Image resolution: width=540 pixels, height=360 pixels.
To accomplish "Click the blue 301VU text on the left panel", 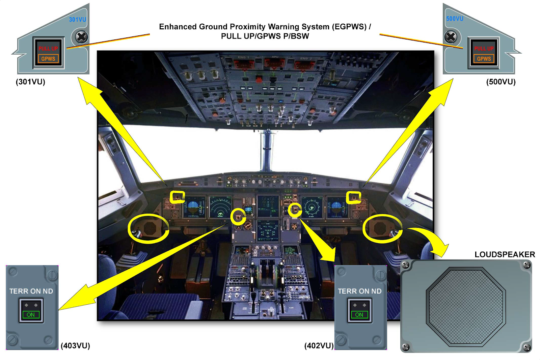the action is (77, 20).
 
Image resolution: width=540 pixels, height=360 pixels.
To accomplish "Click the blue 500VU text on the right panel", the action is (455, 19).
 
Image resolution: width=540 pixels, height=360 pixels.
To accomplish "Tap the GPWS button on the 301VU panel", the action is (48, 59).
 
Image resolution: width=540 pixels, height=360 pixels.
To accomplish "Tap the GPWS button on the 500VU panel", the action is (484, 59).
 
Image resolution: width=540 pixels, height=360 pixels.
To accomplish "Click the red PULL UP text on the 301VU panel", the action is (48, 49).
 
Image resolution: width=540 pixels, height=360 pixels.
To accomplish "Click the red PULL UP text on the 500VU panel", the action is (484, 49).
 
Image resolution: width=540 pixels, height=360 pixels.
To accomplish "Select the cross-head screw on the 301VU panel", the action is (81, 37).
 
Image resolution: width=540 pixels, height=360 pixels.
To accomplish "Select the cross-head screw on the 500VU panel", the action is (451, 37).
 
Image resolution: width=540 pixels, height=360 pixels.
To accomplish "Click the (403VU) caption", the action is (75, 345).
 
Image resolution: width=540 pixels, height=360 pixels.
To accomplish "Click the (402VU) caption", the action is (319, 345).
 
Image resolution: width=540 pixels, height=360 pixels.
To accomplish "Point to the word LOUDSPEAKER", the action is (505, 254).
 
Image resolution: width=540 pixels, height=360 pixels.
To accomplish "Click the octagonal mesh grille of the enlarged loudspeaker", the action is (465, 306).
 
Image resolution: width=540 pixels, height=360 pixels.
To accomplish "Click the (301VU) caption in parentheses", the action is (30, 82).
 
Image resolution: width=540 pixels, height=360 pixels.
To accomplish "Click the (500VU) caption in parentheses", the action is (501, 82).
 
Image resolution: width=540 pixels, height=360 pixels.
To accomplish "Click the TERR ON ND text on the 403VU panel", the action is (31, 291).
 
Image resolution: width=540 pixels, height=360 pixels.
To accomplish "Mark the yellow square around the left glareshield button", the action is (177, 197).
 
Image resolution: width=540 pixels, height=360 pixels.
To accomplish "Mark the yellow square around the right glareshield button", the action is (353, 197).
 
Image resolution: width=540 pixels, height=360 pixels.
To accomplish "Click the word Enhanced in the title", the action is (178, 27).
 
